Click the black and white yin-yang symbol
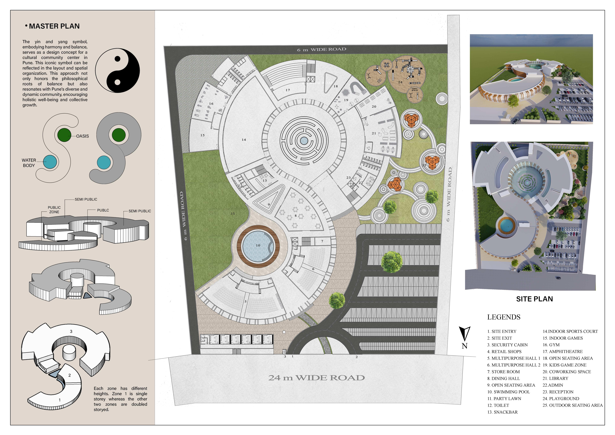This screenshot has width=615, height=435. pos(118,70)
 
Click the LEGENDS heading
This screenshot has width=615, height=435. pos(504,317)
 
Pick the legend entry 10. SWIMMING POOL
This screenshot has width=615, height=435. pos(508,392)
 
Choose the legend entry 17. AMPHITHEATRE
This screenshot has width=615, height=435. pos(563,351)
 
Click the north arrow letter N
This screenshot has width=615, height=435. pos(464,346)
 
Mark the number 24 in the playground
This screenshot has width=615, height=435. pos(400,82)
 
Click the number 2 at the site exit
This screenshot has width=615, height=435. pos(356,357)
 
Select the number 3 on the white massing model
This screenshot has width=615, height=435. pos(71,331)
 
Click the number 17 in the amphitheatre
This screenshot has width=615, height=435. pos(288,90)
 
